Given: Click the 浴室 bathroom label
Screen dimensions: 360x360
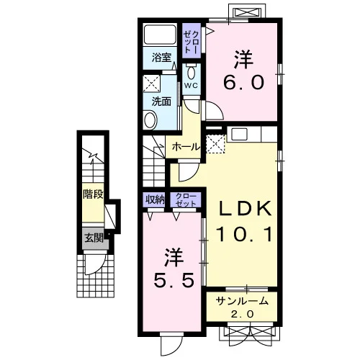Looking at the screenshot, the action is point(161,58).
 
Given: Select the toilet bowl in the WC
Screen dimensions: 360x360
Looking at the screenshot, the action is point(191,72).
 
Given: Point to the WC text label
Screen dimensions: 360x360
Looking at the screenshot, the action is point(191,85).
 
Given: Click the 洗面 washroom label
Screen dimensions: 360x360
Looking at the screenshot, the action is point(161,102).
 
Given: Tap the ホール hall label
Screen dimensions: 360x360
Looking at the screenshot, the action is point(186,147).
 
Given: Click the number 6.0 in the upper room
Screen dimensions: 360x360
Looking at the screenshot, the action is point(243,82).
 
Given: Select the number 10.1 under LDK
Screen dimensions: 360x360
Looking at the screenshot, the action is point(244,234).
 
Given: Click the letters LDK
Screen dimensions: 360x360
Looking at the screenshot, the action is point(245,208).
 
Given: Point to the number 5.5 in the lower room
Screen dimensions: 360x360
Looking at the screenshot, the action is point(174,280).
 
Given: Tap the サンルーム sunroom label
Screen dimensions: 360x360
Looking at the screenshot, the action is point(242,301).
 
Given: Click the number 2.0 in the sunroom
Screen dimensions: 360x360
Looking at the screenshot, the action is point(242,314).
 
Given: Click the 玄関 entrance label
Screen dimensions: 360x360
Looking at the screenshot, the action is point(94,238).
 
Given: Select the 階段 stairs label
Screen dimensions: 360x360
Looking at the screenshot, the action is point(93,194).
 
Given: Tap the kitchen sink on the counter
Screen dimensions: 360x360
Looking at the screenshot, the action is point(239,134).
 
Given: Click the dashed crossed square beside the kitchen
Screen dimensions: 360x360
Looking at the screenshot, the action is point(216,144).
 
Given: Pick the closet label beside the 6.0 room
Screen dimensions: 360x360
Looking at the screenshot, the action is point(191,41).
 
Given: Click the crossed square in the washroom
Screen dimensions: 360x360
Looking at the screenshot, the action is point(151,84).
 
